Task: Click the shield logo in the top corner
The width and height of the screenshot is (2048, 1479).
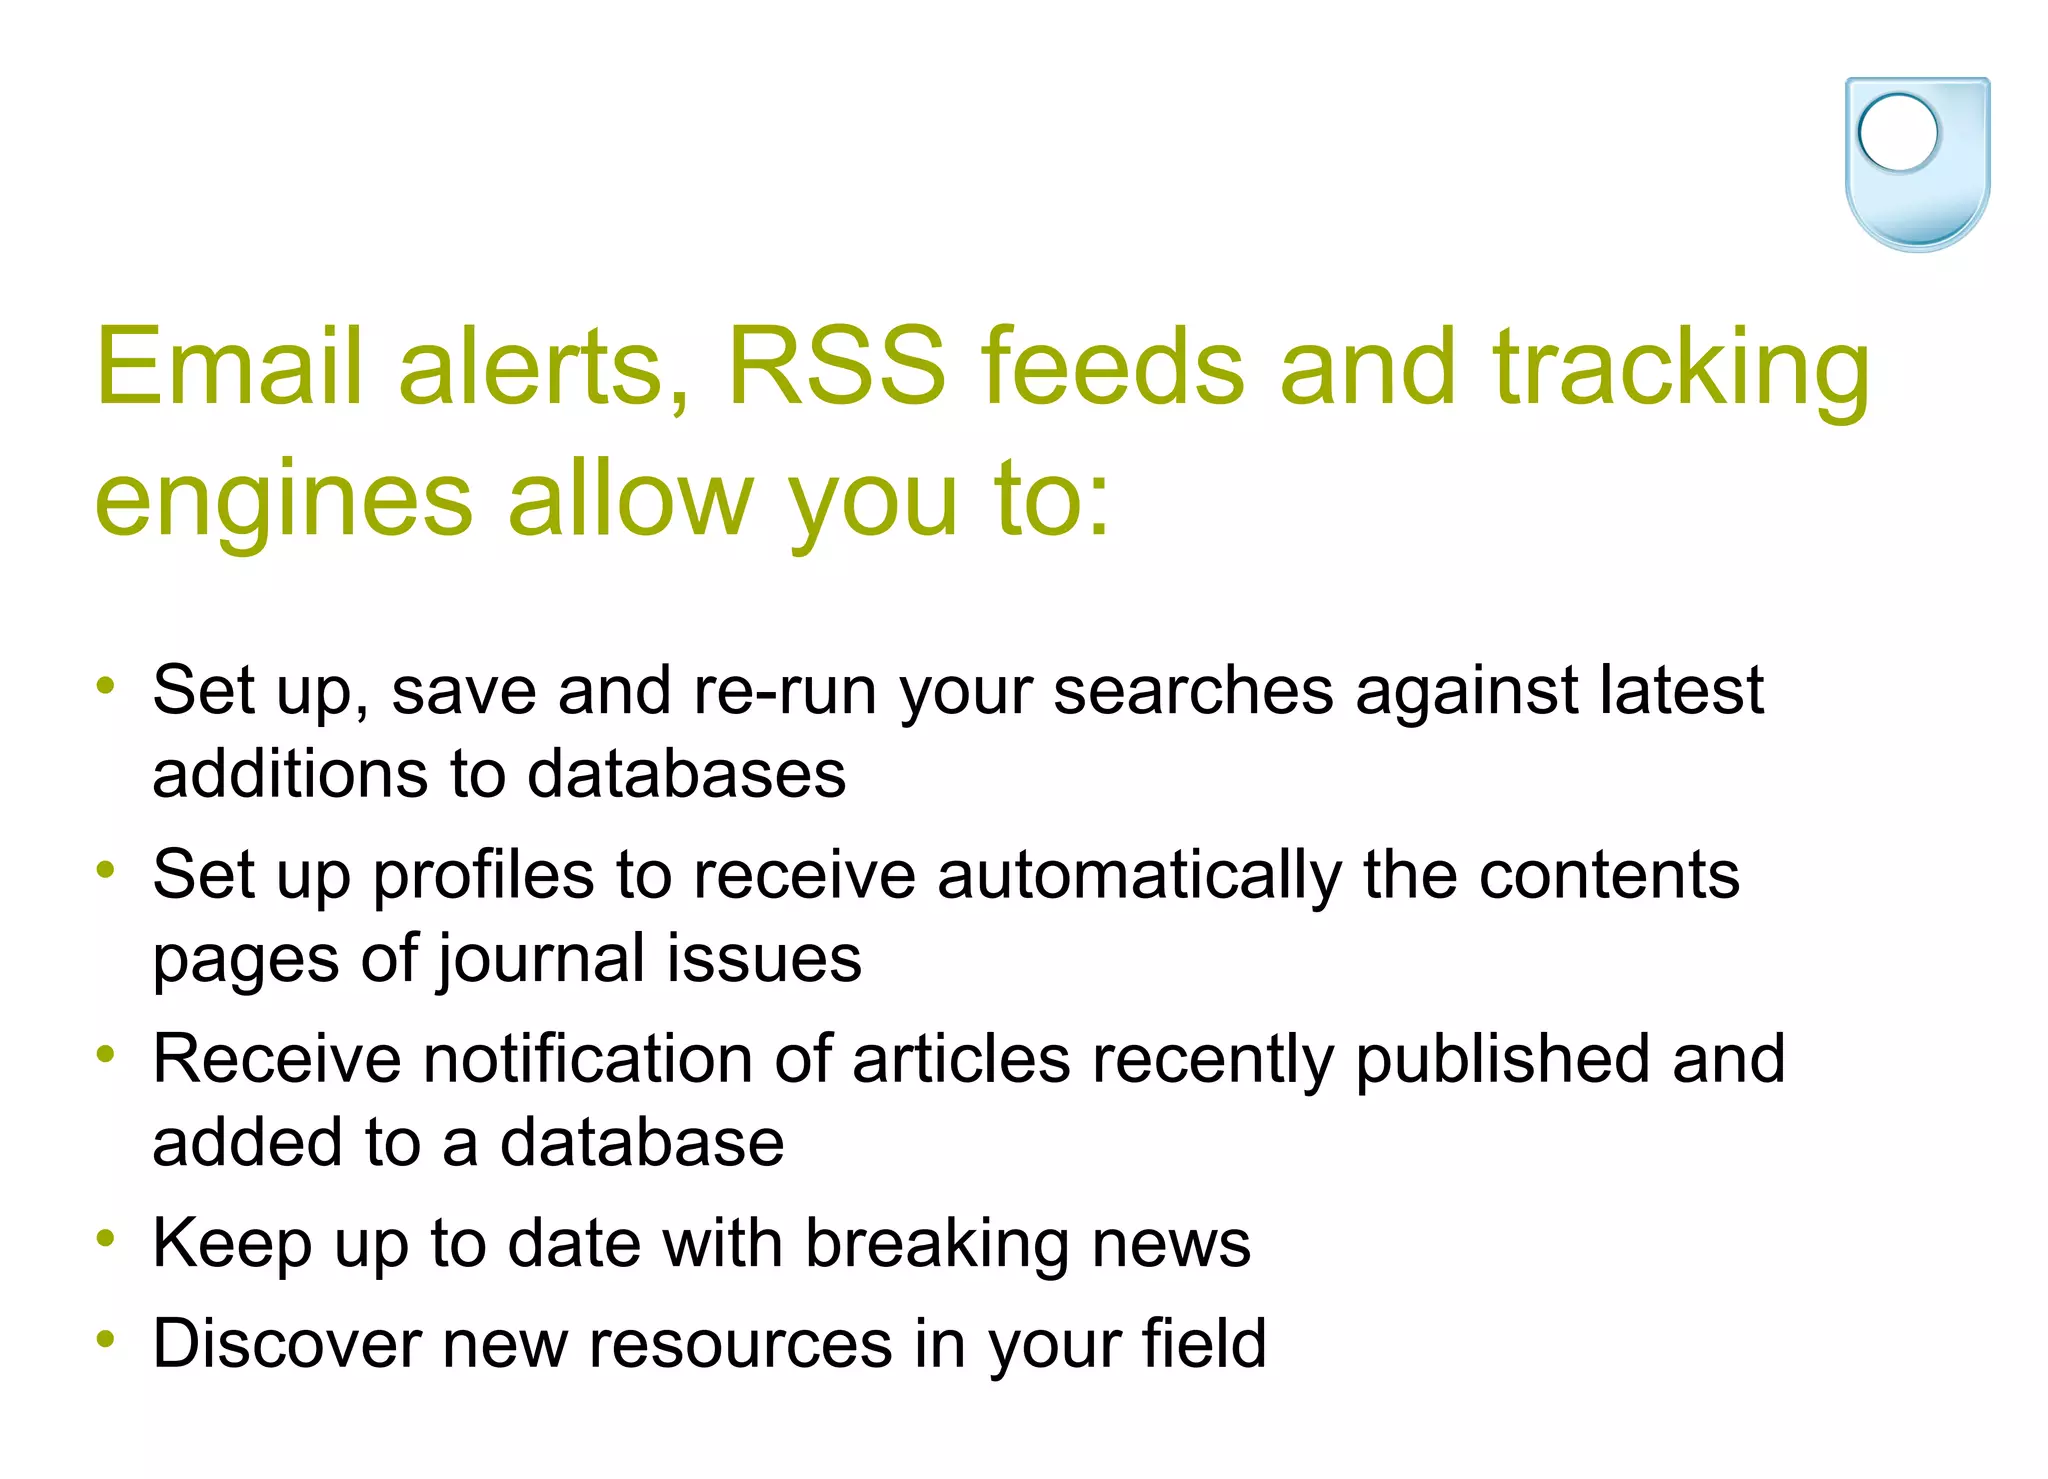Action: point(1917,164)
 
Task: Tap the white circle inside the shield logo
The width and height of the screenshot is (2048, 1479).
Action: point(1897,132)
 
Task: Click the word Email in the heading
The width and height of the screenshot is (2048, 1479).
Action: point(228,367)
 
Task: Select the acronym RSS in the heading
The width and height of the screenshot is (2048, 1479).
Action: point(836,367)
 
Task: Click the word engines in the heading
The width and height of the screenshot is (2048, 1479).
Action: point(283,500)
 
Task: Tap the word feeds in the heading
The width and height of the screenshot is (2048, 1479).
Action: point(1112,367)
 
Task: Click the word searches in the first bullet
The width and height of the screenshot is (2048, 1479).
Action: point(1193,690)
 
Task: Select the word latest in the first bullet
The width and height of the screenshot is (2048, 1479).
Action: point(1681,690)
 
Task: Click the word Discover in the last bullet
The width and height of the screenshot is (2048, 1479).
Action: point(286,1343)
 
